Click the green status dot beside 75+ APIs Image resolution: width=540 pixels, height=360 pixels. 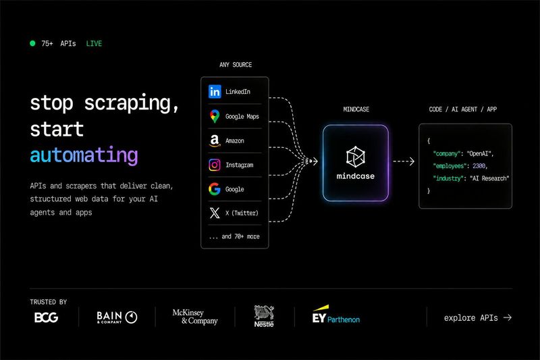click(32, 43)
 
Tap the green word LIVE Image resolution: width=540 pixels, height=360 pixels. click(94, 44)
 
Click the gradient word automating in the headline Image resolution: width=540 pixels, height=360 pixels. click(84, 155)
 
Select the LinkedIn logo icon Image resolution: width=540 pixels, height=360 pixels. click(215, 92)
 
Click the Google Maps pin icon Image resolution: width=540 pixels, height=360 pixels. click(215, 116)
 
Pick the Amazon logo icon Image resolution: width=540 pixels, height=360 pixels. click(215, 140)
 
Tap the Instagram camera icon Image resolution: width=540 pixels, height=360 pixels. click(215, 165)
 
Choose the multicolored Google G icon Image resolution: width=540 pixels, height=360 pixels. click(215, 189)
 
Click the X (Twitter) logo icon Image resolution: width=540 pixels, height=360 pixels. click(215, 213)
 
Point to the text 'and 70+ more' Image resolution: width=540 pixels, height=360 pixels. click(240, 236)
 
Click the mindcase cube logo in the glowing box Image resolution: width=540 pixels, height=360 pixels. click(356, 157)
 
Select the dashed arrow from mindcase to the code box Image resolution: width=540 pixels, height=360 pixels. click(404, 161)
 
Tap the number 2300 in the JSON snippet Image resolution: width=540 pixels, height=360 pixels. click(479, 166)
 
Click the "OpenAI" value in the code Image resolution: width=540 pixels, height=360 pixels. click(479, 153)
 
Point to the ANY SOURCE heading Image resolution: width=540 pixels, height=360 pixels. click(236, 65)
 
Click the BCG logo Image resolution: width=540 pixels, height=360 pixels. click(46, 317)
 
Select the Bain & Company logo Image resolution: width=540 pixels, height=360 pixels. click(117, 317)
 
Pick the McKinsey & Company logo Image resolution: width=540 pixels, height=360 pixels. click(195, 317)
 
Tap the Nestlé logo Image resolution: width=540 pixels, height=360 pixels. click(264, 316)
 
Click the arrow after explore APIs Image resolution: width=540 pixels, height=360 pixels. click(508, 317)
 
